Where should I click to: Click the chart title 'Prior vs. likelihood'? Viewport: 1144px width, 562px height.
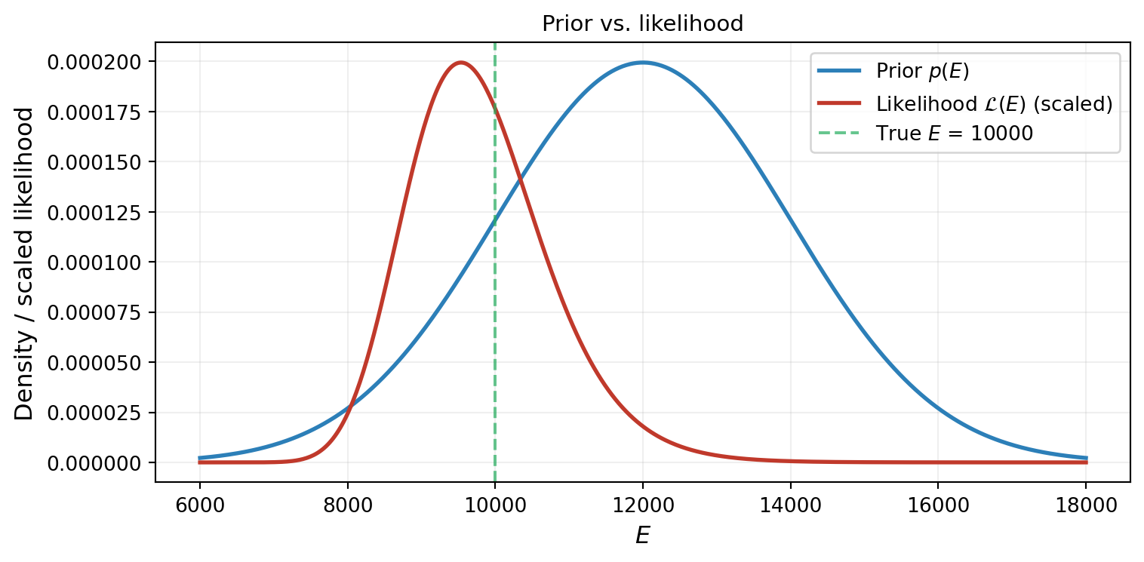642,24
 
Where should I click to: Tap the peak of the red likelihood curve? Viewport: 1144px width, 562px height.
460,63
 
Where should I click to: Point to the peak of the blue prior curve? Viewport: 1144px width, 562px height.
642,63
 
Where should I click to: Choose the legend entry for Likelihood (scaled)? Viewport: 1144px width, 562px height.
994,104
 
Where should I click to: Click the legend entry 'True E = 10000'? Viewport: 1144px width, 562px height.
954,134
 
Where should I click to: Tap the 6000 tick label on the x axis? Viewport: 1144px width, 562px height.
199,505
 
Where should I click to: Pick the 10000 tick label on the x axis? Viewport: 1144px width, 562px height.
494,505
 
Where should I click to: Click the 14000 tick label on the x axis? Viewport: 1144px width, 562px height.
789,505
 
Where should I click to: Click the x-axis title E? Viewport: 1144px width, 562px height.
642,536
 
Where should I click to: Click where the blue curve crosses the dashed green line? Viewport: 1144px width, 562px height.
494,220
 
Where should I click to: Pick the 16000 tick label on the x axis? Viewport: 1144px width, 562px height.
937,505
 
